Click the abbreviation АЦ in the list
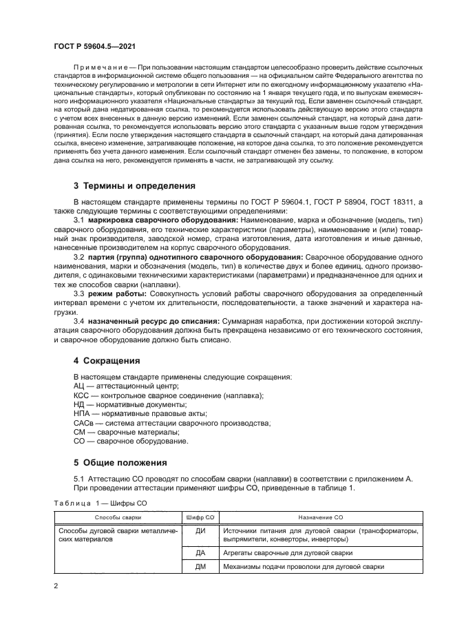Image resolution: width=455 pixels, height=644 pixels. pyautogui.click(x=79, y=386)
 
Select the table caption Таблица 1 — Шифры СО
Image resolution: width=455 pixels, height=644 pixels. pyautogui.click(x=100, y=503)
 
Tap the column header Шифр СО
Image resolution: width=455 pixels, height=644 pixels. pyautogui.click(x=200, y=516)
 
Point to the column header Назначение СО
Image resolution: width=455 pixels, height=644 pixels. pyautogui.click(x=321, y=516)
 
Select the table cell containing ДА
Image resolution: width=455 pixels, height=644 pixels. pyautogui.click(x=200, y=553)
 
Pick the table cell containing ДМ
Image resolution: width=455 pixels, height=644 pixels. pyautogui.click(x=200, y=567)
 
